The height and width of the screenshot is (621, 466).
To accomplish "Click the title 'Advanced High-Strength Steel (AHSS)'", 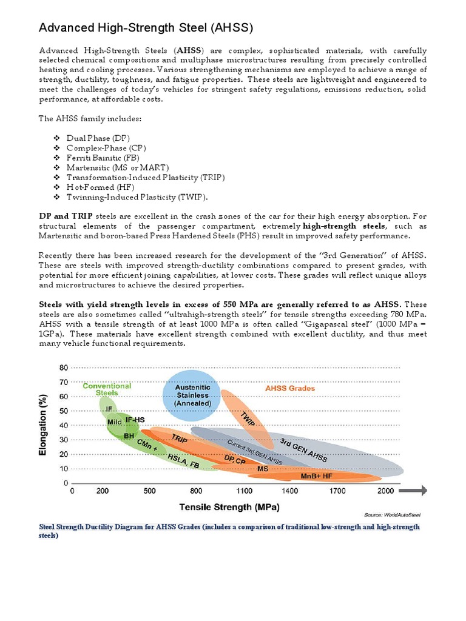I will [146, 28].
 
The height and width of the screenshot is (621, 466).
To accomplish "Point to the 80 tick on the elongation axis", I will [63, 368].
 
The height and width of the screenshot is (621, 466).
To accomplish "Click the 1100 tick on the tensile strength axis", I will [245, 491].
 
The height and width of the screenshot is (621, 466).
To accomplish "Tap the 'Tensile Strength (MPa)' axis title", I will [229, 506].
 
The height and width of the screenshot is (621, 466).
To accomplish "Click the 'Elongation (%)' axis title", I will [44, 426].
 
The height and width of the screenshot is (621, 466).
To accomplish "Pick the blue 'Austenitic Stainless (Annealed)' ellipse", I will [192, 395].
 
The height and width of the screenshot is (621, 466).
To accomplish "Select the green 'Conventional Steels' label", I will [107, 389].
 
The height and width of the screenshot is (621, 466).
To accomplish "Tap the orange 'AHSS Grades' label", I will [291, 388].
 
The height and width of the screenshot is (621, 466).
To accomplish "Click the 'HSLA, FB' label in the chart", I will [184, 461].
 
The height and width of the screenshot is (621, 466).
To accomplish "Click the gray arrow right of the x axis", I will [416, 491].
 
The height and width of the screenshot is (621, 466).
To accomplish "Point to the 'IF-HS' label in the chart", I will [135, 420].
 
